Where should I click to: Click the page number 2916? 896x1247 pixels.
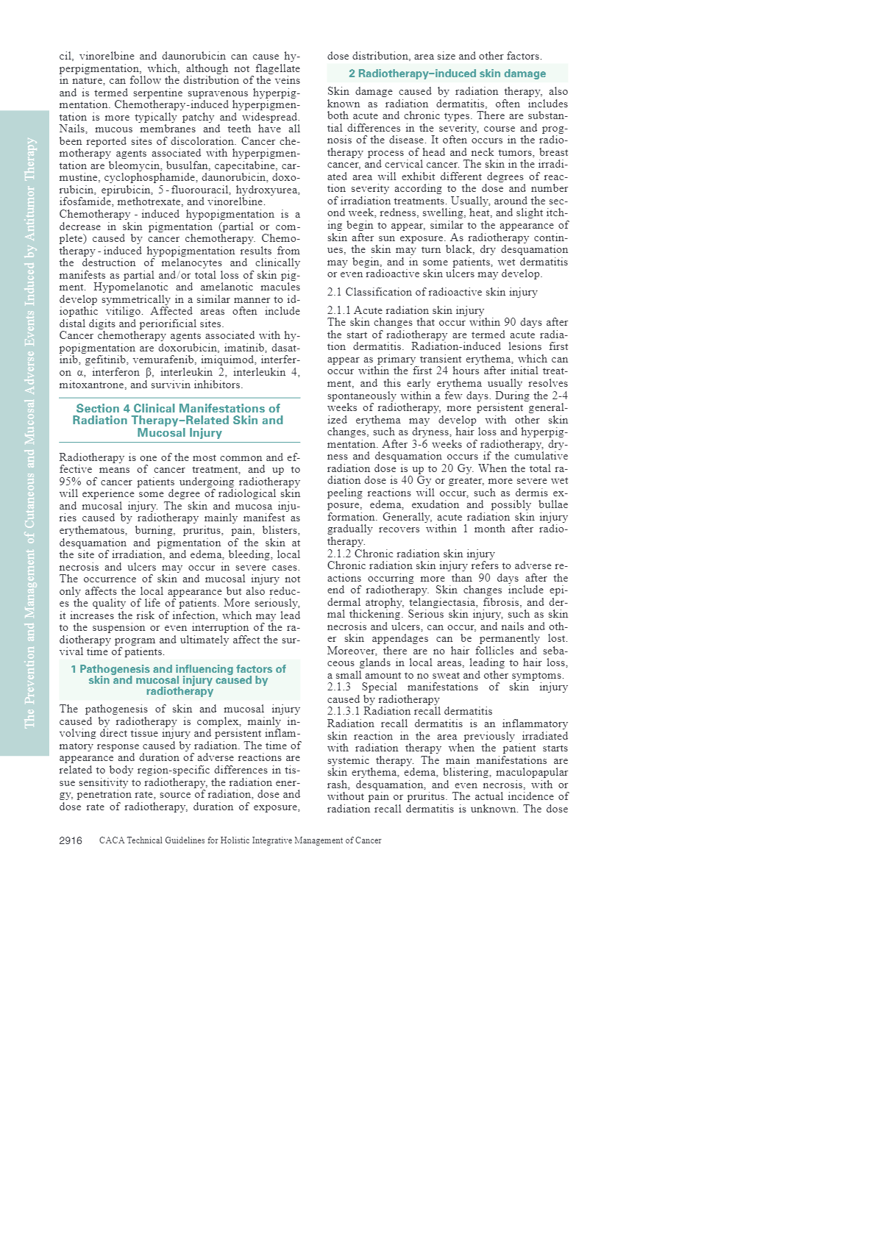[x=71, y=840]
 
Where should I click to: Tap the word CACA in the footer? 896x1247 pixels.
[x=112, y=840]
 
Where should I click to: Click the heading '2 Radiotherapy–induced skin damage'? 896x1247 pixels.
[x=447, y=74]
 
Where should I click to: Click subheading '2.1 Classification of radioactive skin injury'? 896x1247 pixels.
[x=433, y=292]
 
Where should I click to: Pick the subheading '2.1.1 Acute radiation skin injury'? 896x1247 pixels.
[x=406, y=310]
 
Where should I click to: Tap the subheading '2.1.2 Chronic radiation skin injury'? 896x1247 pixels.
[x=411, y=554]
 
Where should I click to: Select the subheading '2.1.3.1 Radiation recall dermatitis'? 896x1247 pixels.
[x=410, y=711]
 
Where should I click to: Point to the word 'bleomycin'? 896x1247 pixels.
[x=132, y=165]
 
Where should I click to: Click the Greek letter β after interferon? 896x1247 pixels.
[x=149, y=373]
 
